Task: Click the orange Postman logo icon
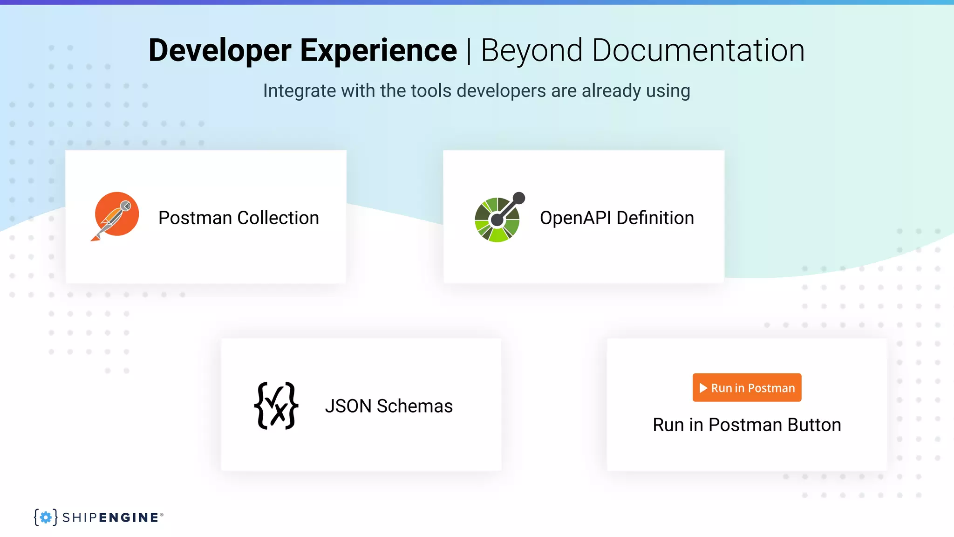[116, 214]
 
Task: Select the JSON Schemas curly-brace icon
[276, 406]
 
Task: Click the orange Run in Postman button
[747, 387]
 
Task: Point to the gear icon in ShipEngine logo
[46, 517]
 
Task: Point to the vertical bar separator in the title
[469, 51]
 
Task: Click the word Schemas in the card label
[415, 406]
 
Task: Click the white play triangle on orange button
[703, 388]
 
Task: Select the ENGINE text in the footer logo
[129, 517]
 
